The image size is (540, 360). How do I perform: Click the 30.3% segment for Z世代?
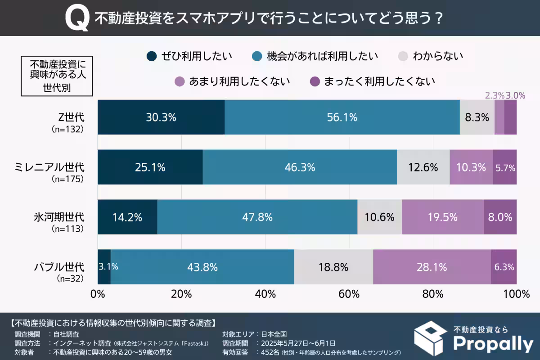[x=161, y=117]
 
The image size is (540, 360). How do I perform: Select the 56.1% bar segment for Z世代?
[x=342, y=117]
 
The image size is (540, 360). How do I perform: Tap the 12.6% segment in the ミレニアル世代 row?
[x=423, y=167]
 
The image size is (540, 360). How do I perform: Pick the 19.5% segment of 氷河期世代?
[x=442, y=217]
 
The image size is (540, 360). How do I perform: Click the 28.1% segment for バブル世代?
[x=432, y=267]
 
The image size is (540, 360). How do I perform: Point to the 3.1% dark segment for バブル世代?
[x=104, y=267]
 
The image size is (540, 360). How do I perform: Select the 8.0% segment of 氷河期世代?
[x=500, y=217]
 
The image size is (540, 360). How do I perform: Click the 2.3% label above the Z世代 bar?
[x=494, y=95]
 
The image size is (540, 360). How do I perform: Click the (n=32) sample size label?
[x=68, y=279]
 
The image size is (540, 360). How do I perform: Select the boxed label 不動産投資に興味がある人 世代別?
[x=57, y=75]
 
